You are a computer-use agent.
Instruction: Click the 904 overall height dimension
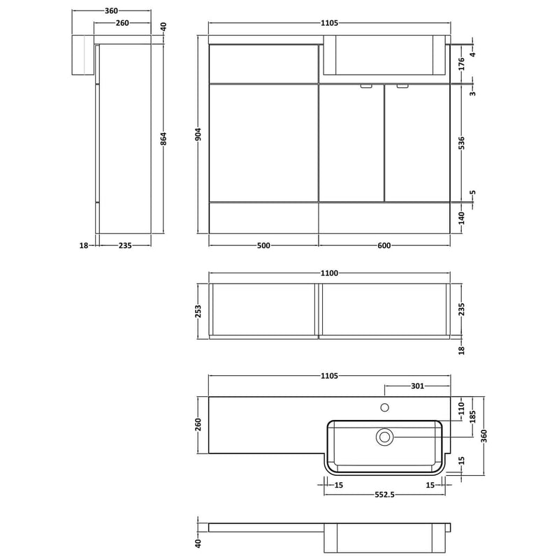tap(199, 134)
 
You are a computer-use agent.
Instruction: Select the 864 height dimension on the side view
tap(164, 138)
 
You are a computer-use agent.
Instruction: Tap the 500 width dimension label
tap(263, 246)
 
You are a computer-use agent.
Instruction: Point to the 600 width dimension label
tap(384, 246)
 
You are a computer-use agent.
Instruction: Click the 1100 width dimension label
tap(329, 273)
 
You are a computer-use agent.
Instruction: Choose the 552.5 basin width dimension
tap(385, 495)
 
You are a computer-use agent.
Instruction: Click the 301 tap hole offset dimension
tap(417, 386)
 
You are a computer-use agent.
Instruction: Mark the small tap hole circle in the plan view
tap(385, 407)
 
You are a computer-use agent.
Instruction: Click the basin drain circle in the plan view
tap(385, 437)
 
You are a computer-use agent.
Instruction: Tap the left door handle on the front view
tap(365, 86)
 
